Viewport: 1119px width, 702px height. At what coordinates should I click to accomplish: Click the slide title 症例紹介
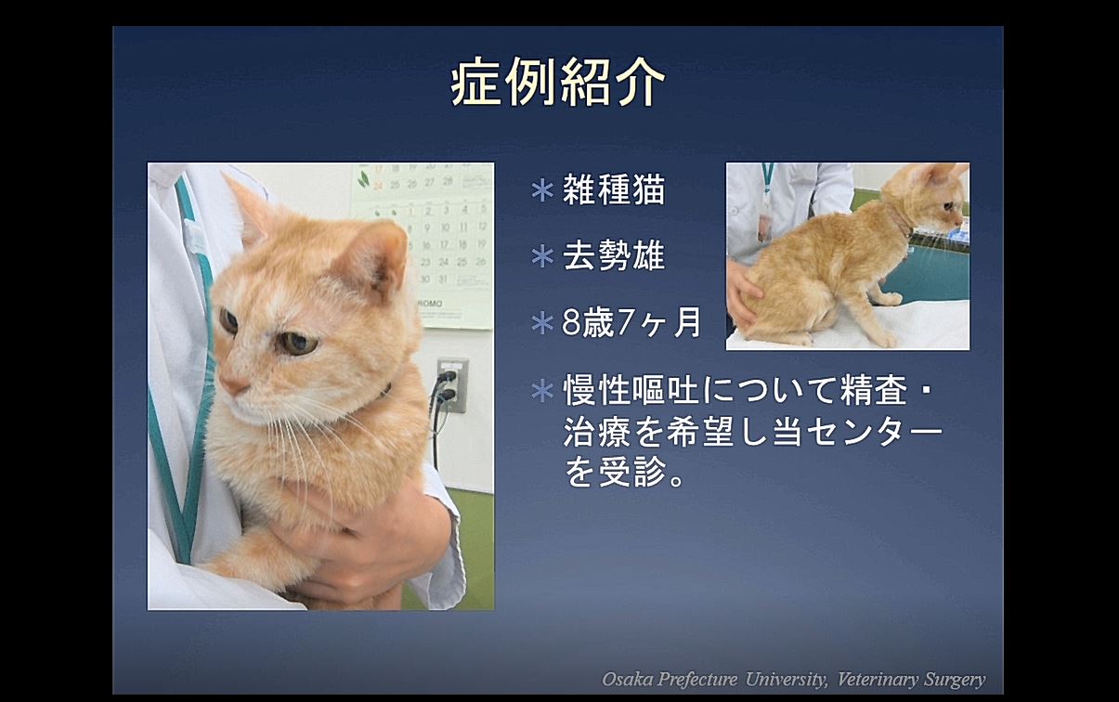[x=558, y=84]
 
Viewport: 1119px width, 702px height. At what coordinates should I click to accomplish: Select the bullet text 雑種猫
[x=614, y=189]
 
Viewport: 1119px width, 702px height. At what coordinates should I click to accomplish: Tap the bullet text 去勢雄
[x=614, y=255]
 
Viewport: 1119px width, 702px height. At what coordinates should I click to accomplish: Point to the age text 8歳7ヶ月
[x=631, y=322]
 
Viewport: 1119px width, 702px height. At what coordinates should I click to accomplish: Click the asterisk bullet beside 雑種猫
[x=542, y=191]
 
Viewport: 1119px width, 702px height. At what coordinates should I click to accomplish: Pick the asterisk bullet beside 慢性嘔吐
[x=542, y=391]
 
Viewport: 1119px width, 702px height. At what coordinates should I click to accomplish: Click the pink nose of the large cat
[x=232, y=384]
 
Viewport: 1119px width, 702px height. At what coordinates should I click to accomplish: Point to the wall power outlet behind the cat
[x=452, y=385]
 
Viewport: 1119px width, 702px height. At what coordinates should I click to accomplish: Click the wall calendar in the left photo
[x=423, y=246]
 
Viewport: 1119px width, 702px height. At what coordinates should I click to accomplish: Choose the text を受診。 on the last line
[x=624, y=472]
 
